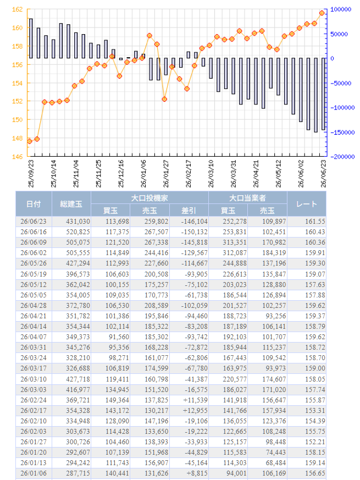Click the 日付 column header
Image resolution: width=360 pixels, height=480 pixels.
(x=34, y=204)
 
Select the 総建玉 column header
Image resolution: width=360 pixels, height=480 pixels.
(x=71, y=204)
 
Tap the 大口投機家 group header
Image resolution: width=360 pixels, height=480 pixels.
(x=149, y=198)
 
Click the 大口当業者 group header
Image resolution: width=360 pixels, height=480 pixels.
(x=248, y=198)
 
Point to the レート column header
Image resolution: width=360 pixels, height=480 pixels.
(x=307, y=204)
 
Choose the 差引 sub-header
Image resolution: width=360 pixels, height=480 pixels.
(x=189, y=211)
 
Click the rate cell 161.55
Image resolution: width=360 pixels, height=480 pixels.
(x=315, y=222)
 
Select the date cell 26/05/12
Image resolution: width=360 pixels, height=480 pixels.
(x=34, y=285)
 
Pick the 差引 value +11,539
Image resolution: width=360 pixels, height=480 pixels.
(x=195, y=400)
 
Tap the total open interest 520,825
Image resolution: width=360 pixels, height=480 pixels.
(x=78, y=231)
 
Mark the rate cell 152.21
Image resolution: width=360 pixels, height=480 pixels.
(x=315, y=442)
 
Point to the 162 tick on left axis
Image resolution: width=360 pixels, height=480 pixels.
(x=17, y=9)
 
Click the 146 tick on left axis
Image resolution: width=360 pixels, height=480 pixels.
(x=17, y=157)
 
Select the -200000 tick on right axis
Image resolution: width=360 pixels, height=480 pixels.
(x=343, y=157)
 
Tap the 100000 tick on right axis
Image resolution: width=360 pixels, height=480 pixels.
(x=341, y=9)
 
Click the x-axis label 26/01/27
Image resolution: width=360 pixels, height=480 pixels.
(x=166, y=174)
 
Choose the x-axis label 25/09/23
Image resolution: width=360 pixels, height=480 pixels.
(x=31, y=174)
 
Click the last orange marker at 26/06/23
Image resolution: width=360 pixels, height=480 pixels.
(x=322, y=13)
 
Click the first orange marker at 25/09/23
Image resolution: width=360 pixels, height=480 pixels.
(x=29, y=141)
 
